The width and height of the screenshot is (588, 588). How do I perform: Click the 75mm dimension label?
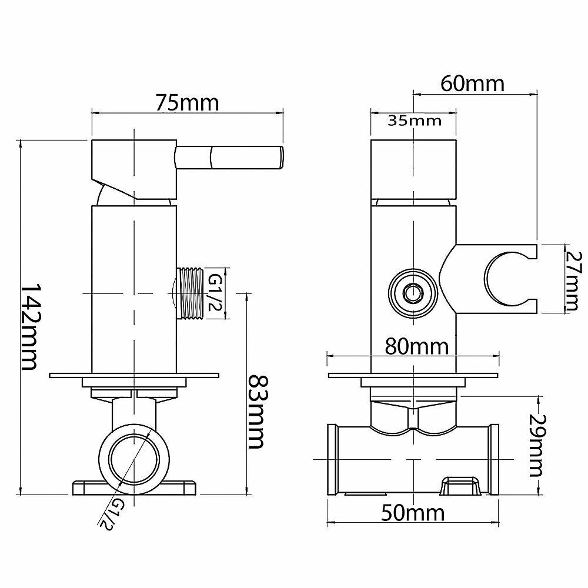tap(187, 103)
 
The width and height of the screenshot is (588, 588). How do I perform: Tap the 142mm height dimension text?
tap(29, 327)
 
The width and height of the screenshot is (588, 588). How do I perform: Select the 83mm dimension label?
tap(256, 411)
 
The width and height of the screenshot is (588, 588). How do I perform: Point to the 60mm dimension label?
tap(472, 83)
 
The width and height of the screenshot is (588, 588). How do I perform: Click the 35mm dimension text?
tap(415, 122)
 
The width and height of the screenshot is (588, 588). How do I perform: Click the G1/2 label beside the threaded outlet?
tap(215, 294)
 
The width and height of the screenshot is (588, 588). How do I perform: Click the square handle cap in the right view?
tap(414, 169)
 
